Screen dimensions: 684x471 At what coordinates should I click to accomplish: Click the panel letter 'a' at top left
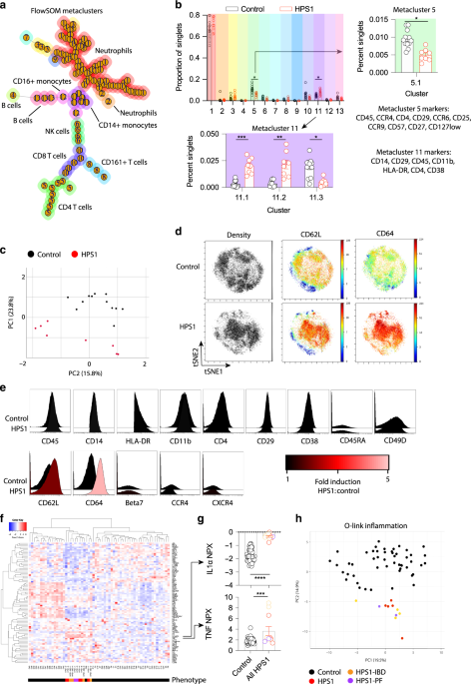(x=5, y=7)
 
